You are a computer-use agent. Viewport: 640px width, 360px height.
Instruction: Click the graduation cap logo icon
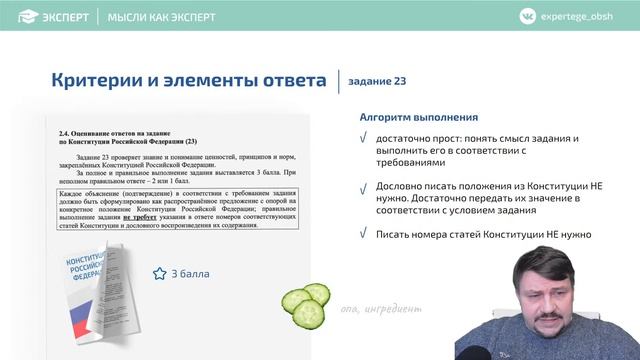tap(18, 17)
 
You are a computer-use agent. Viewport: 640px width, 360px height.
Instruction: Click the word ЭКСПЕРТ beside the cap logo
tap(62, 17)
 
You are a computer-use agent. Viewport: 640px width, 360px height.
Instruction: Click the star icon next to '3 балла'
tap(158, 273)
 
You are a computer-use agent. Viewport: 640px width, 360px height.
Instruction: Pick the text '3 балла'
tap(189, 273)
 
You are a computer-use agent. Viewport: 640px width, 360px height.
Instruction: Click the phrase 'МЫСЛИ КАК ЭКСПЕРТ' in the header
tap(161, 17)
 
